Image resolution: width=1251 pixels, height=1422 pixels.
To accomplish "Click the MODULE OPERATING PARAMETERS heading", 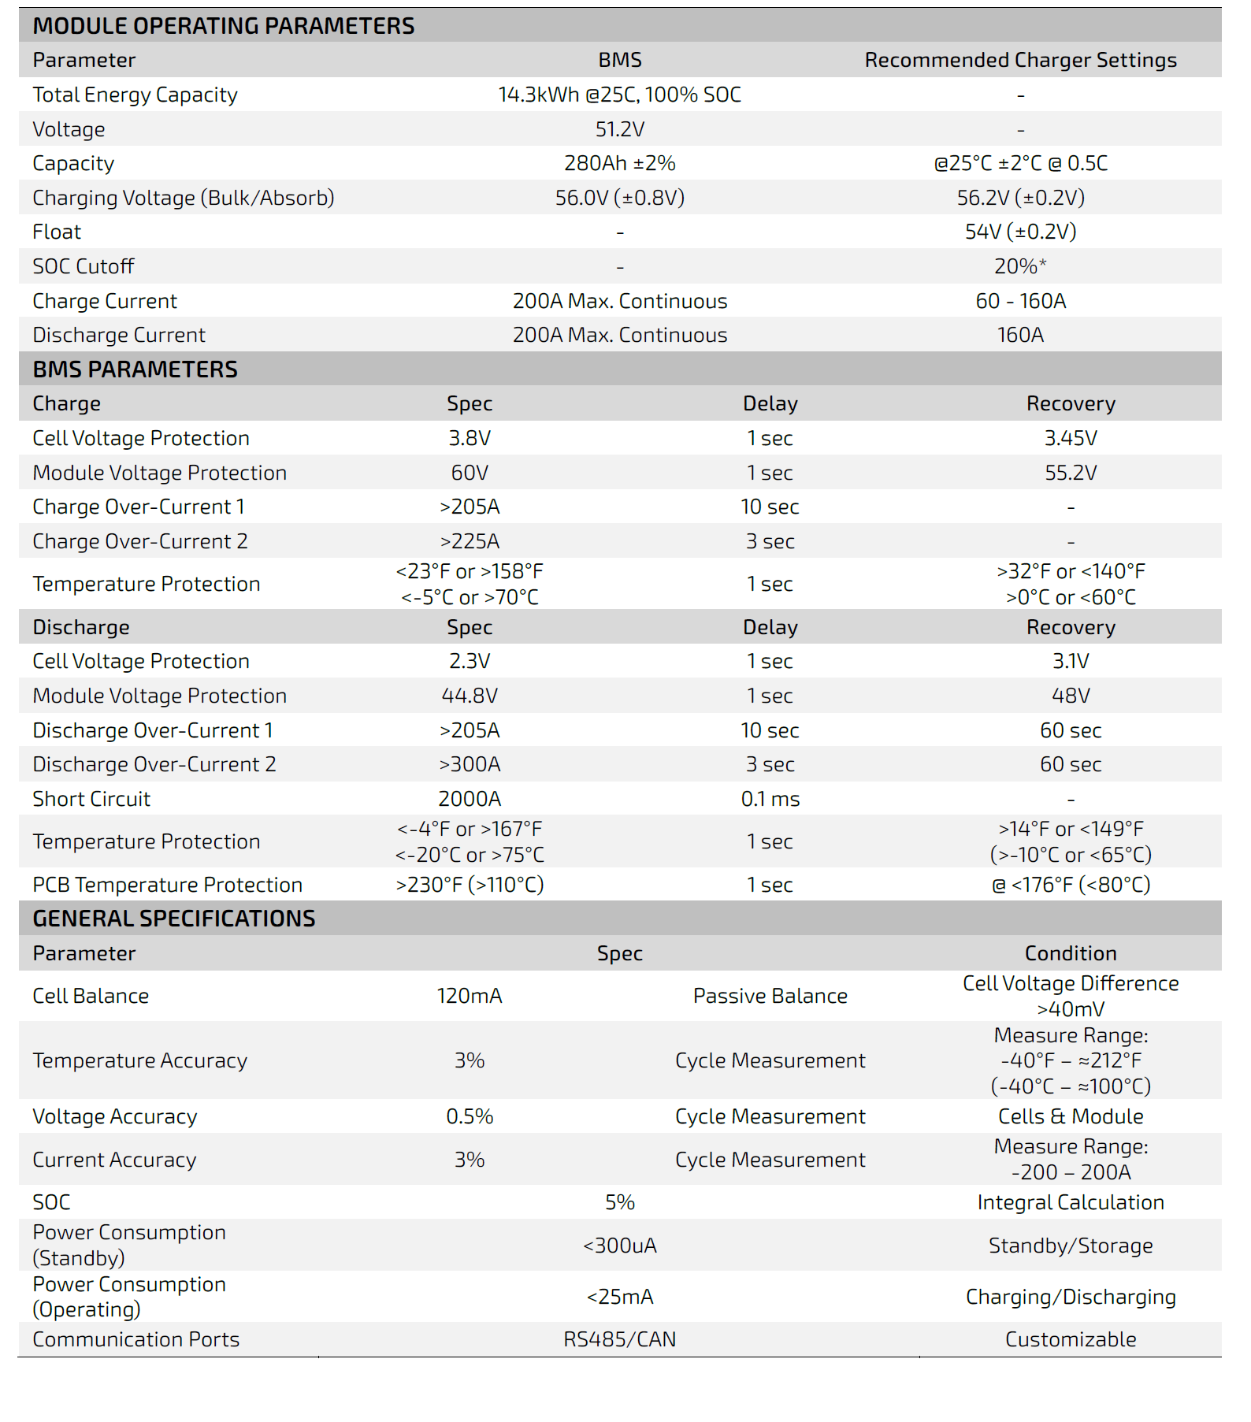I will click(223, 26).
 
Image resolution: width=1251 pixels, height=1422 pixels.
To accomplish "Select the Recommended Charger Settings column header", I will click(1020, 61).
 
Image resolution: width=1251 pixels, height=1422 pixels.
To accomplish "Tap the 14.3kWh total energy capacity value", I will click(619, 95).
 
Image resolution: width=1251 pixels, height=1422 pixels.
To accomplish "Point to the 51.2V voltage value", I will click(619, 129).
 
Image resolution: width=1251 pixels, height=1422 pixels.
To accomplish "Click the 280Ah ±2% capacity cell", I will click(619, 164).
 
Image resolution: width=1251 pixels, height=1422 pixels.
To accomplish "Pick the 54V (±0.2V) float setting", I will click(1020, 232).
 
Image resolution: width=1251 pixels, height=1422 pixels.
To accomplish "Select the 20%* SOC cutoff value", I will click(1020, 267).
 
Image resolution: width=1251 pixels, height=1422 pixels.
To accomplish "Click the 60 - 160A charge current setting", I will click(1020, 302).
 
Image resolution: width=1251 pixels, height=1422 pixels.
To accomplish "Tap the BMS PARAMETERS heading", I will click(135, 369).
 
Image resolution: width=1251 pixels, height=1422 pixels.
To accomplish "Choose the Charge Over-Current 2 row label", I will click(140, 542).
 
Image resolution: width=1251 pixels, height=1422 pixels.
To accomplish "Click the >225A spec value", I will click(470, 542).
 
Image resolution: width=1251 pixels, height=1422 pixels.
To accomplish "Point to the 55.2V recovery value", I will click(1071, 473).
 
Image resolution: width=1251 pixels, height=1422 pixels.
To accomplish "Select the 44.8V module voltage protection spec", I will click(470, 696).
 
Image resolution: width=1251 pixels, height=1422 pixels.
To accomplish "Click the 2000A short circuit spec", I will click(470, 800).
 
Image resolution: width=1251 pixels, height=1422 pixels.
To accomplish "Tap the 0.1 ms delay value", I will click(770, 800).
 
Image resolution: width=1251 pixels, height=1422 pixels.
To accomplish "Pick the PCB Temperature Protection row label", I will click(167, 886).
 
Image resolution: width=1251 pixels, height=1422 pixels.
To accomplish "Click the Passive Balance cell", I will click(770, 997).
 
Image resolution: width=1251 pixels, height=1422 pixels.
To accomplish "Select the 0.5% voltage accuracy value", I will click(470, 1117).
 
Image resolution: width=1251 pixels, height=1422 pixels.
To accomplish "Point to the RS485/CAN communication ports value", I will click(619, 1340).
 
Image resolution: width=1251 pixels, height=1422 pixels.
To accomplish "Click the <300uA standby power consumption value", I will click(619, 1246).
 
